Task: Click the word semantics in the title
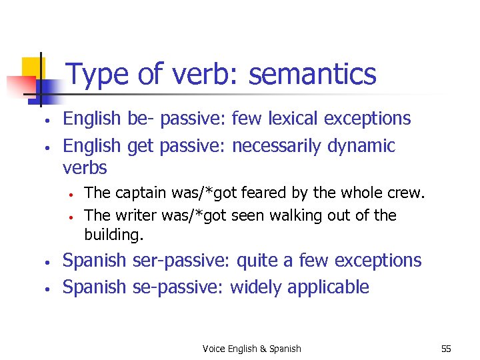tap(313, 74)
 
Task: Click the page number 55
tap(446, 349)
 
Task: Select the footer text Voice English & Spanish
tap(251, 349)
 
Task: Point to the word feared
tap(262, 193)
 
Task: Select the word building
tap(113, 235)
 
